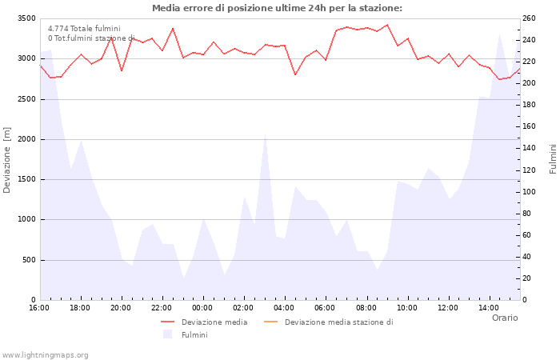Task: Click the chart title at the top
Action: tap(277, 8)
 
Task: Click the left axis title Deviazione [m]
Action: tap(7, 160)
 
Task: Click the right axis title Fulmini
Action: tap(552, 159)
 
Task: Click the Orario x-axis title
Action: tap(504, 318)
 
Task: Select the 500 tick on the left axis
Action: tap(28, 260)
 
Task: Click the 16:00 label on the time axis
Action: tap(39, 308)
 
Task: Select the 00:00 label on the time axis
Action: tap(202, 308)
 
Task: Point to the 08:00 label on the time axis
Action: tap(366, 308)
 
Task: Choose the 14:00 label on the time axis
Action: tap(489, 308)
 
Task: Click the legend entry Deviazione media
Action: tap(214, 322)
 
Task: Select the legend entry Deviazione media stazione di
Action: tap(338, 322)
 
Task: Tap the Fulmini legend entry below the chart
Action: tap(194, 334)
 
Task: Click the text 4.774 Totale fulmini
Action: tap(84, 28)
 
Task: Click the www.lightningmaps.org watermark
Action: tap(45, 354)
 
